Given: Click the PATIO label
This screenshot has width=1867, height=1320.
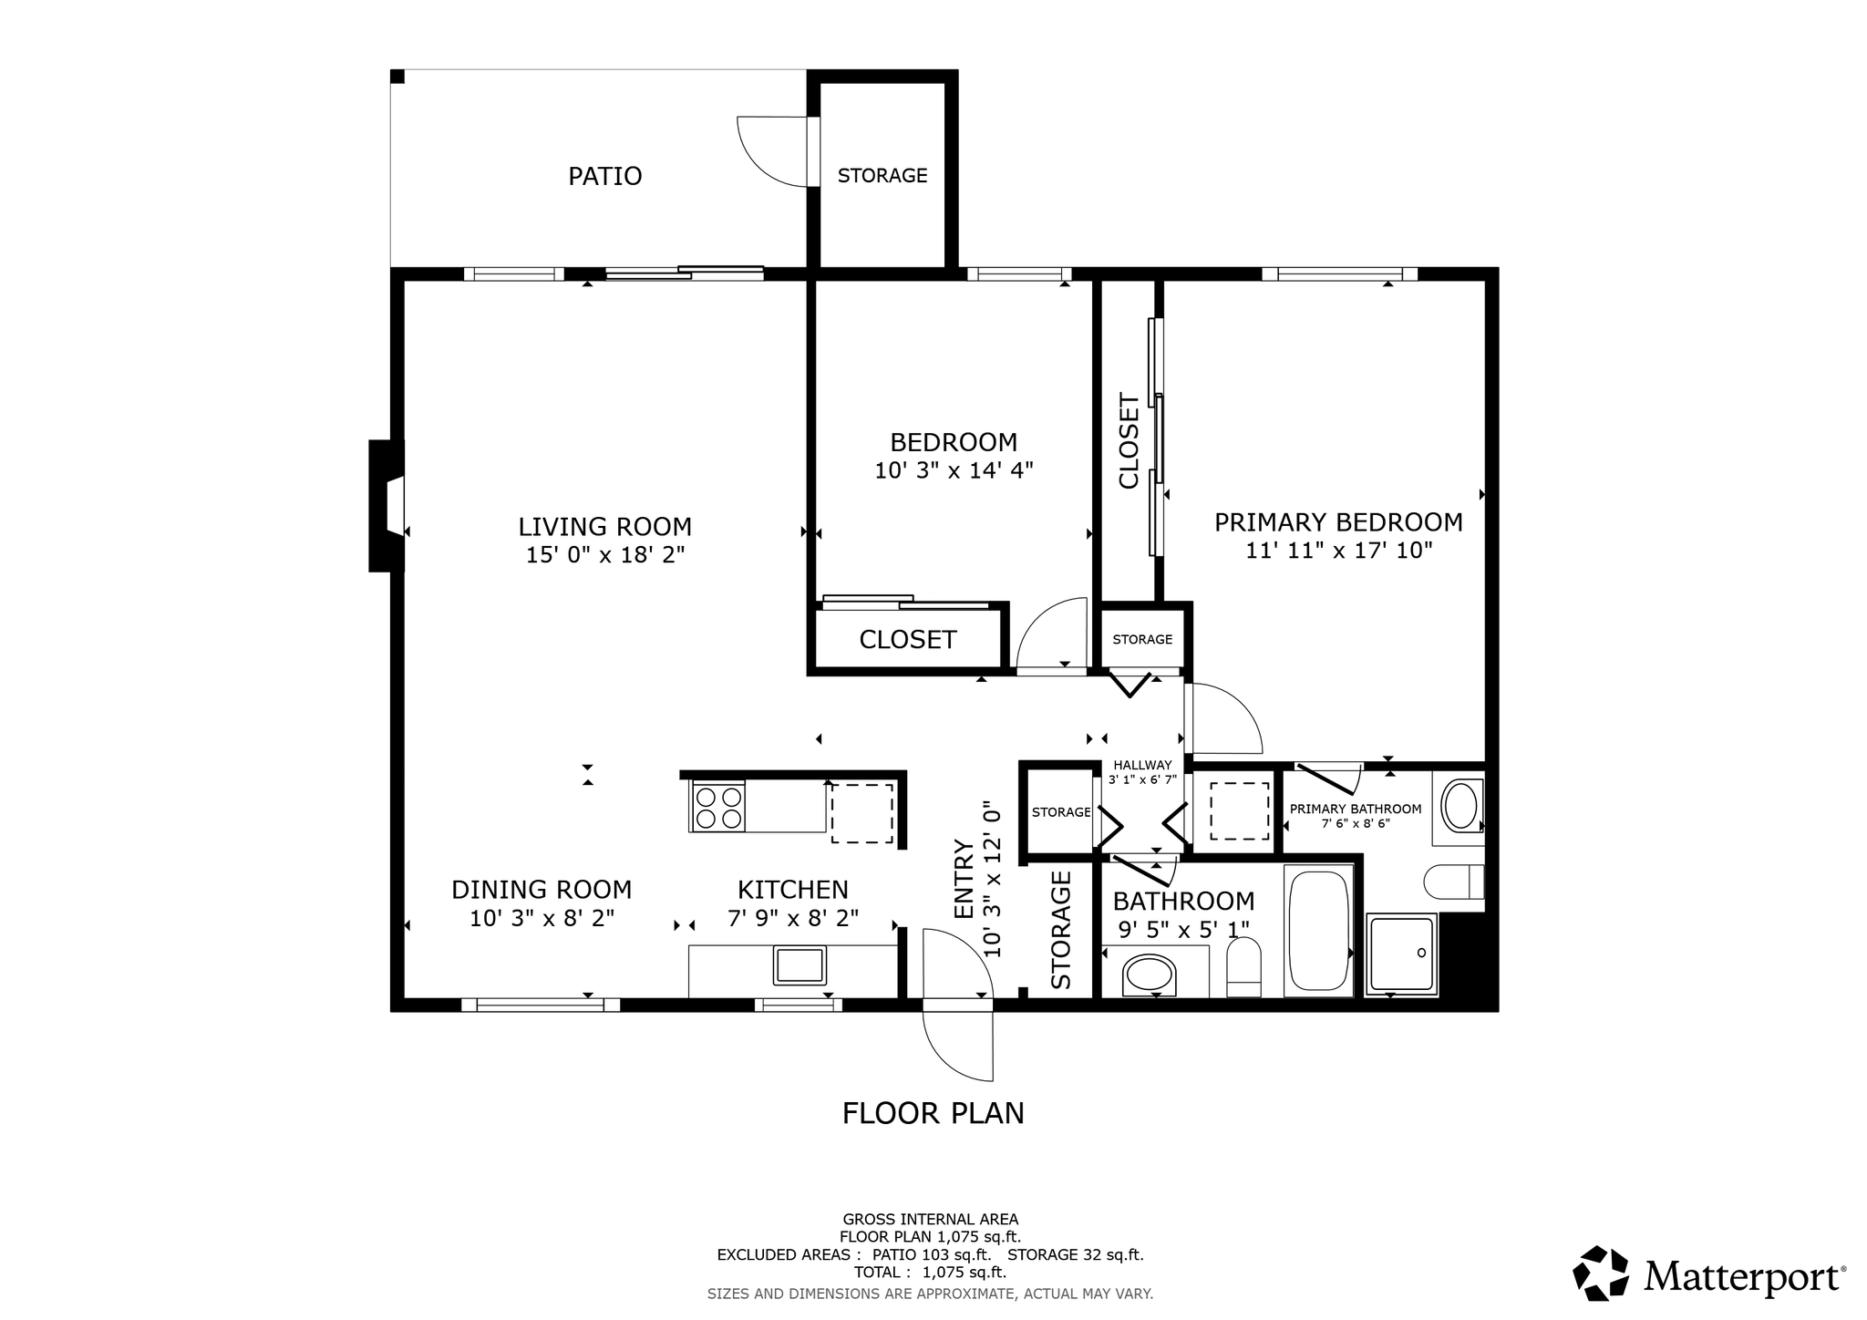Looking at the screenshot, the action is (x=605, y=176).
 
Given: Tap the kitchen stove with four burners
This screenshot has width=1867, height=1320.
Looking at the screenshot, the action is (x=718, y=807).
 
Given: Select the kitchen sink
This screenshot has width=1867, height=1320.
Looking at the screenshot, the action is (x=799, y=964).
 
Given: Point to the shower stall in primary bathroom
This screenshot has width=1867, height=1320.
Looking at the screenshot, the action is (x=1401, y=954).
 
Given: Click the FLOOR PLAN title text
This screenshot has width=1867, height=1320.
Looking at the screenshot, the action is (x=933, y=1113).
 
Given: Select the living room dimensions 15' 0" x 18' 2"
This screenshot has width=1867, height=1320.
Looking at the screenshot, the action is (x=605, y=555).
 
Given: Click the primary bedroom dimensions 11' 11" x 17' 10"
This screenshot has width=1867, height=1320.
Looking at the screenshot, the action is (x=1339, y=551).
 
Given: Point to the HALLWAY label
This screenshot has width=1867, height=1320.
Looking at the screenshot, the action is (x=1142, y=766).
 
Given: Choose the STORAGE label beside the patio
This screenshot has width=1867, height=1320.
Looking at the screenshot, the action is (x=882, y=176).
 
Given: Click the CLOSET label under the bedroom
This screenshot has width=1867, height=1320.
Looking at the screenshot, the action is (x=908, y=640).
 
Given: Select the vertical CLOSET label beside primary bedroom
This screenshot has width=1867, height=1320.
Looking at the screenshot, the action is (x=1129, y=440).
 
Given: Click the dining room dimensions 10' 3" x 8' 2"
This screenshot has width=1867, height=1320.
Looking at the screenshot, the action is (x=542, y=918).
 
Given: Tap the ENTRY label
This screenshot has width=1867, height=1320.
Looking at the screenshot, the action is (x=964, y=879).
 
